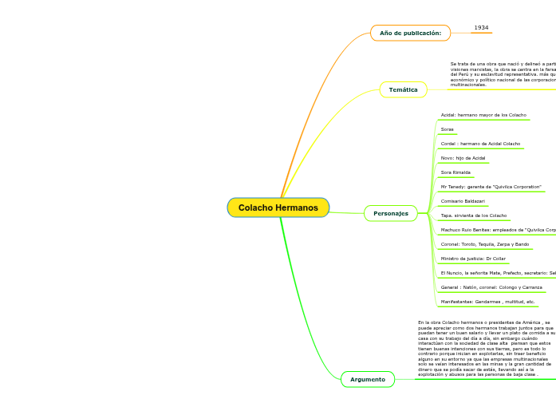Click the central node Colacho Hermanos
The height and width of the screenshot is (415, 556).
278,207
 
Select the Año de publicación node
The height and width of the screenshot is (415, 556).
410,33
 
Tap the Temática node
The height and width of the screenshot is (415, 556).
403,89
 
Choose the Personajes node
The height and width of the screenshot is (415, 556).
391,213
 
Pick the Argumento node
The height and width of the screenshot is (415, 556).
367,379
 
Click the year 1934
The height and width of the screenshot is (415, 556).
481,28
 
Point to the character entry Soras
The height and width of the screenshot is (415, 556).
447,129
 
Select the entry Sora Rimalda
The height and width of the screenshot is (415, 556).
455,172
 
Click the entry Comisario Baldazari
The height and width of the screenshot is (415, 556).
463,201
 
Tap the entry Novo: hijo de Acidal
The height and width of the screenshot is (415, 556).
463,158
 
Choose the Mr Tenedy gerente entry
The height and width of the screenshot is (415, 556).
491,187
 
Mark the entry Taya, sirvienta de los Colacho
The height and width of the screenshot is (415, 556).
474,215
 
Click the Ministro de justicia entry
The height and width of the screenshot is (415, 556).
473,259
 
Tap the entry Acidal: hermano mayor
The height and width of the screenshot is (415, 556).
483,115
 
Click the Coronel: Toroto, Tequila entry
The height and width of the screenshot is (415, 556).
485,244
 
